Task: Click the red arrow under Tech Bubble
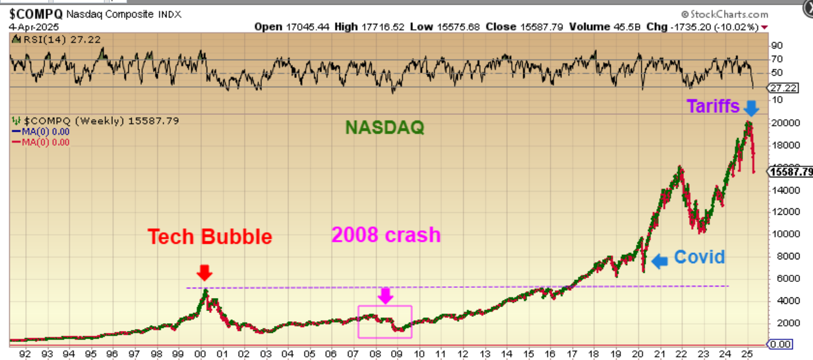[204, 272]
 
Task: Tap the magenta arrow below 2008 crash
[385, 295]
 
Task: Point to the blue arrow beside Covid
[659, 261]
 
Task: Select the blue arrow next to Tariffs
[750, 107]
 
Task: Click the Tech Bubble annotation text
[210, 237]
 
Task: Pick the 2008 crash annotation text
[386, 234]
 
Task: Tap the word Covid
[699, 257]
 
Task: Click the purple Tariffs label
[713, 106]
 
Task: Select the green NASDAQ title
[383, 128]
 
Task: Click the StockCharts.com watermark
[725, 14]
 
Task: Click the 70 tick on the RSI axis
[776, 59]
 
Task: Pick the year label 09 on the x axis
[397, 354]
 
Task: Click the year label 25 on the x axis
[747, 354]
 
